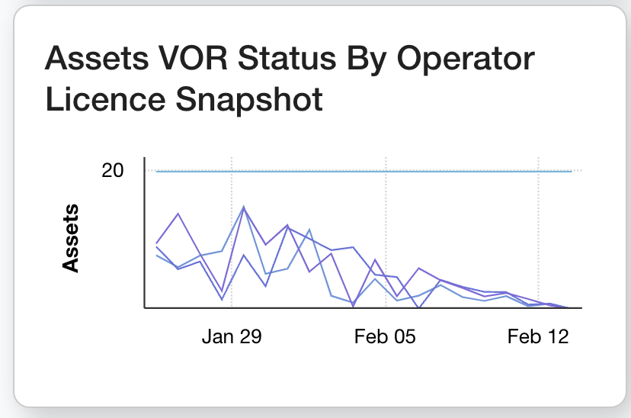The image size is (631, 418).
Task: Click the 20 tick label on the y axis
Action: point(113,170)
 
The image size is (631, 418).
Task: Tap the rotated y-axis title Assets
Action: point(71,237)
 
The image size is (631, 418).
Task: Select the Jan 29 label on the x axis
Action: point(232,337)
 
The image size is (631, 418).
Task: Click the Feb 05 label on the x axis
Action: point(386,337)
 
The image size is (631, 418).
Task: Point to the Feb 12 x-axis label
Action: point(538,337)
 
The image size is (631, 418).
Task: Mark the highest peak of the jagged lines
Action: point(244,207)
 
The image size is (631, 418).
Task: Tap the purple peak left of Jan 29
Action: point(178,214)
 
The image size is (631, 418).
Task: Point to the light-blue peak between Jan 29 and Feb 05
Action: point(309,229)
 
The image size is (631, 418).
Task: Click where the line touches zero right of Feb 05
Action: point(418,307)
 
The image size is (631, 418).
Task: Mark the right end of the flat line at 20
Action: point(571,172)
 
